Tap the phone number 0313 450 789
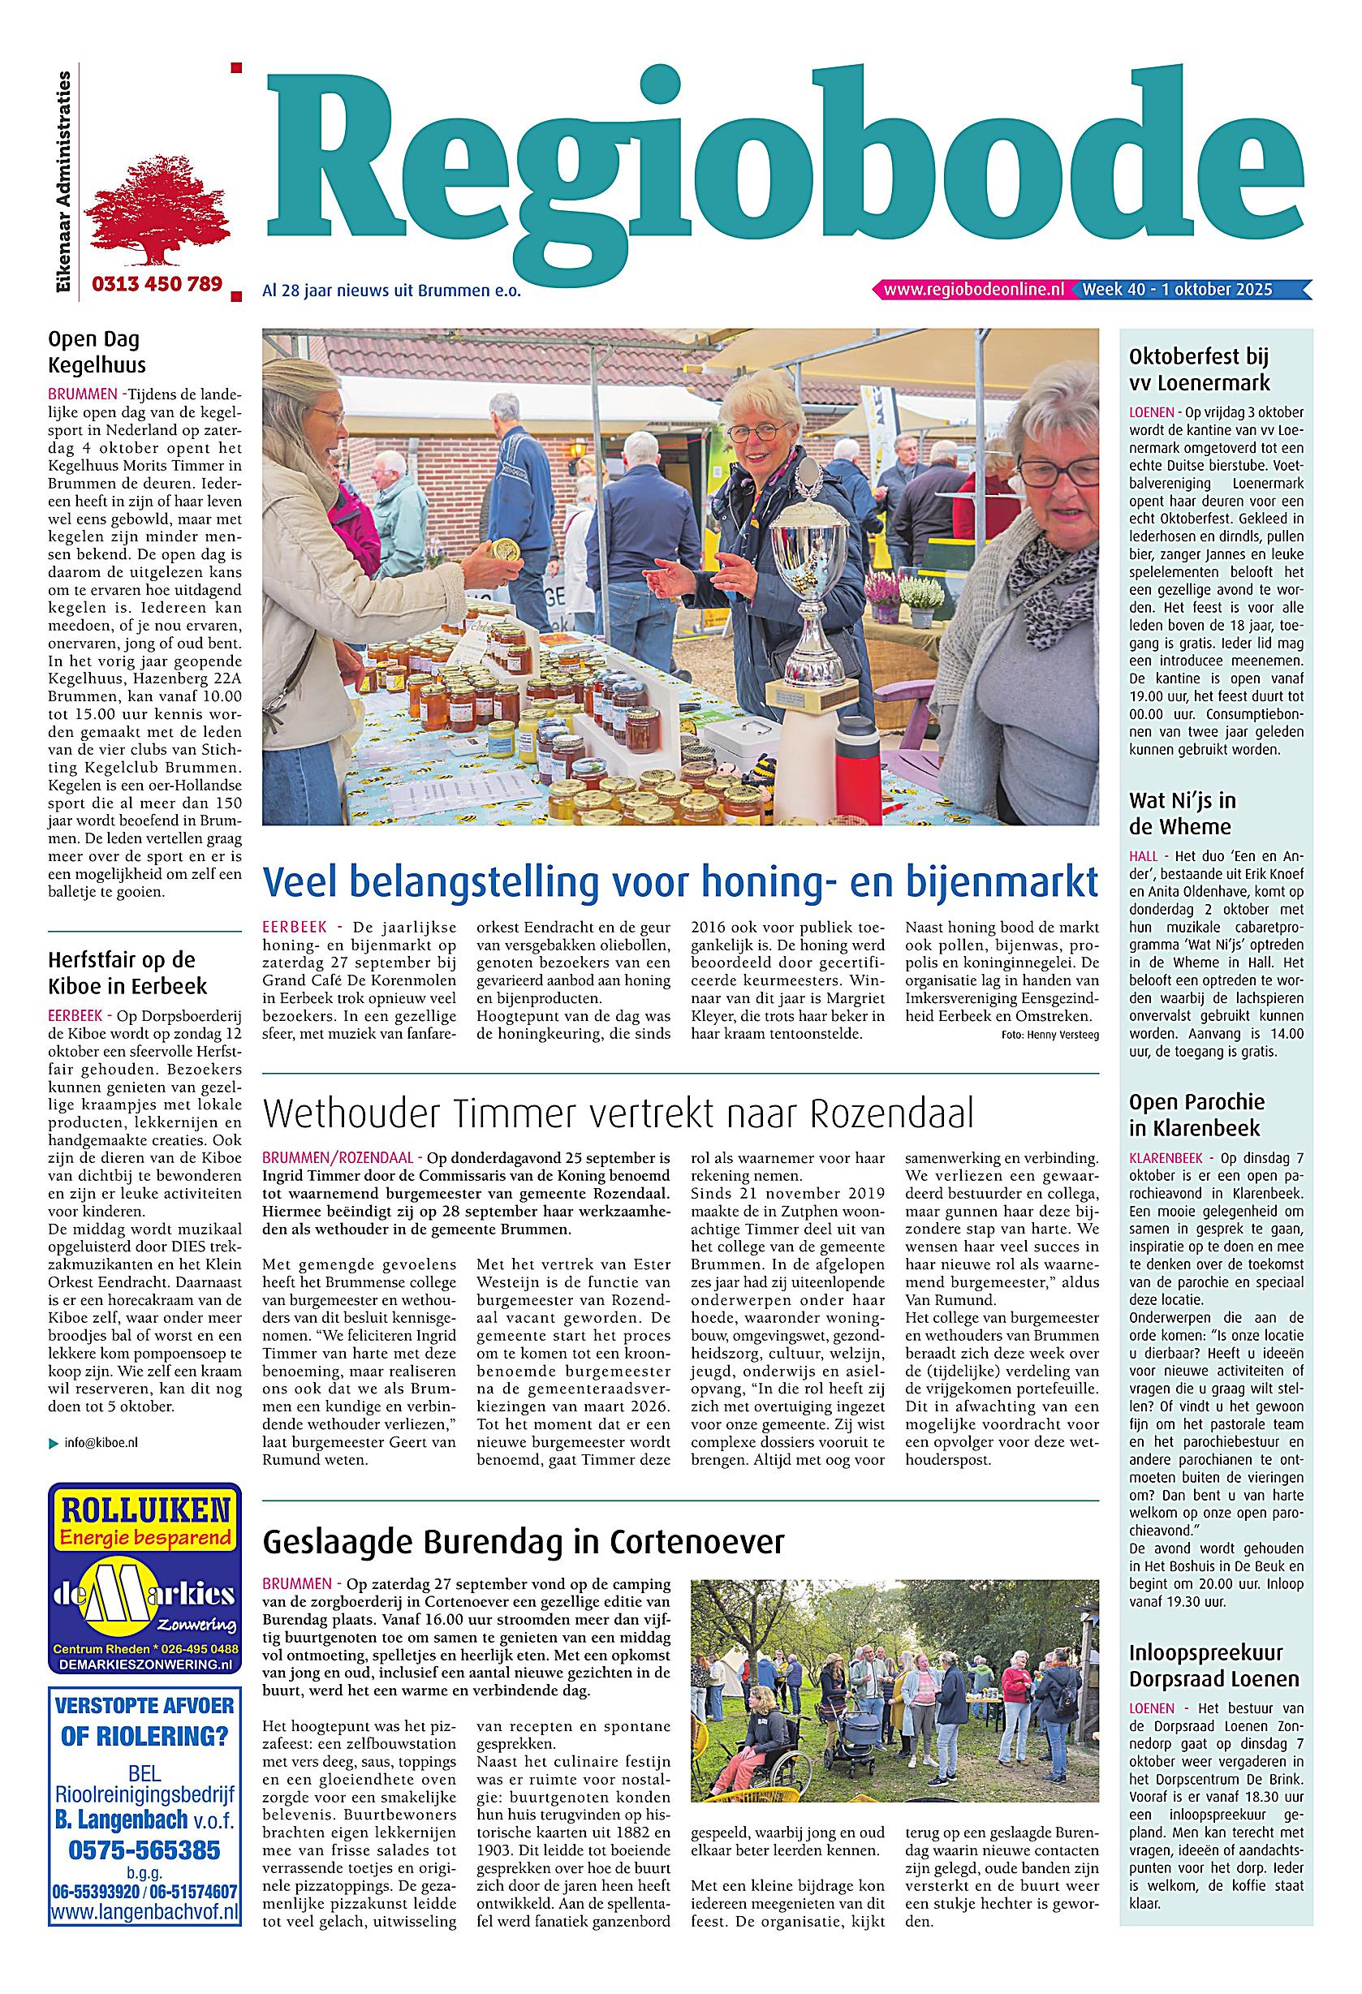point(156,284)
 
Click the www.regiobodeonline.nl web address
point(973,290)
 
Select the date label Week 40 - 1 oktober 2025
point(1177,290)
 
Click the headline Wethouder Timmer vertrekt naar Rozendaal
point(618,1114)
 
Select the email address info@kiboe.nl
point(101,1442)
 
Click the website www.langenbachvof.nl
point(144,1904)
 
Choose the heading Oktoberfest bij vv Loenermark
point(1198,370)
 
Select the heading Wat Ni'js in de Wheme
point(1182,813)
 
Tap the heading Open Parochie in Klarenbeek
point(1196,1114)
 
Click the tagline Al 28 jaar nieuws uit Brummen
point(391,291)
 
